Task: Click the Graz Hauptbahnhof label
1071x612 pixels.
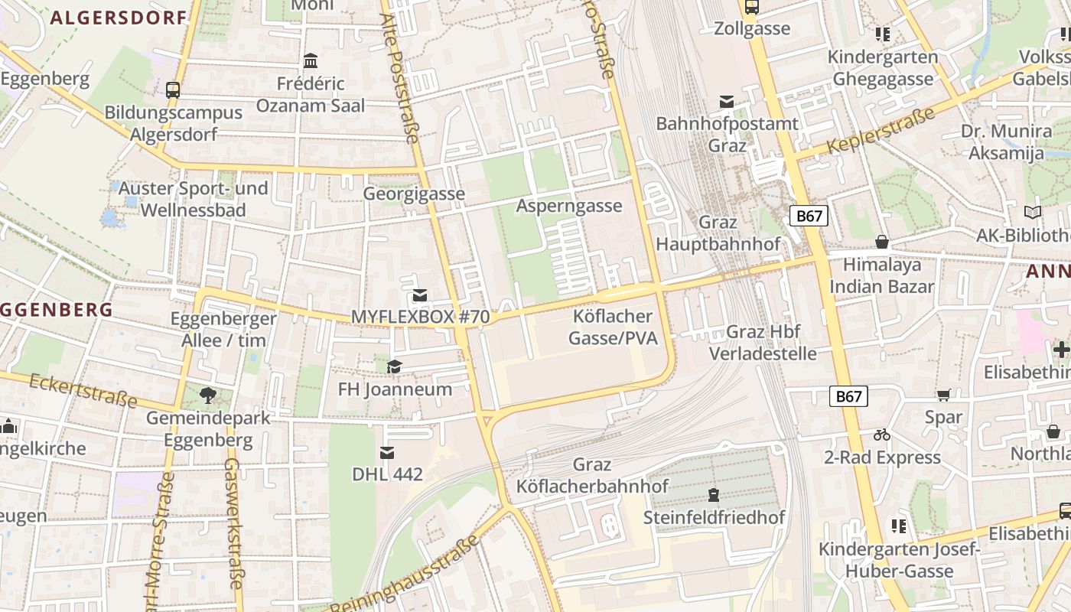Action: tap(718, 233)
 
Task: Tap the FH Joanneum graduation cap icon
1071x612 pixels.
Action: tap(394, 367)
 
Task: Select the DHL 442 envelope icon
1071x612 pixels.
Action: tap(388, 453)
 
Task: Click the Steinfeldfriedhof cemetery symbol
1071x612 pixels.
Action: tap(714, 495)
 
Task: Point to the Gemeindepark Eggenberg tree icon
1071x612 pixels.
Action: tap(207, 396)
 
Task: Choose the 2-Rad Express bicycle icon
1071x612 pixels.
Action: tap(882, 435)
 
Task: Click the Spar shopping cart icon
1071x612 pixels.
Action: tap(943, 395)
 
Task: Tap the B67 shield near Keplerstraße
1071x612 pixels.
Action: tap(809, 216)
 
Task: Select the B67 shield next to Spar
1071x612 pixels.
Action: tap(848, 396)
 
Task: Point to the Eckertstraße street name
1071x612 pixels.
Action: tap(83, 390)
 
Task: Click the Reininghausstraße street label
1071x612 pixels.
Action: tap(405, 575)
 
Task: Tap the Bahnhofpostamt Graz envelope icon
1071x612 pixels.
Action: tap(727, 102)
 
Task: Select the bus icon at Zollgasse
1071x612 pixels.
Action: tap(752, 8)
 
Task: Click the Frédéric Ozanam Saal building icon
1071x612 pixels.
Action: tap(311, 60)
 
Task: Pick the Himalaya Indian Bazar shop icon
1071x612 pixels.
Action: tap(882, 243)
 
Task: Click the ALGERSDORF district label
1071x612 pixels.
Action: tap(119, 18)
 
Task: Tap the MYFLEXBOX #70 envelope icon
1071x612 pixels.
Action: tap(420, 295)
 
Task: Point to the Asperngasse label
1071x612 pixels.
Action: tap(569, 206)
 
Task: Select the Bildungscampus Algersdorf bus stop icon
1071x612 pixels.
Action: tap(173, 90)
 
